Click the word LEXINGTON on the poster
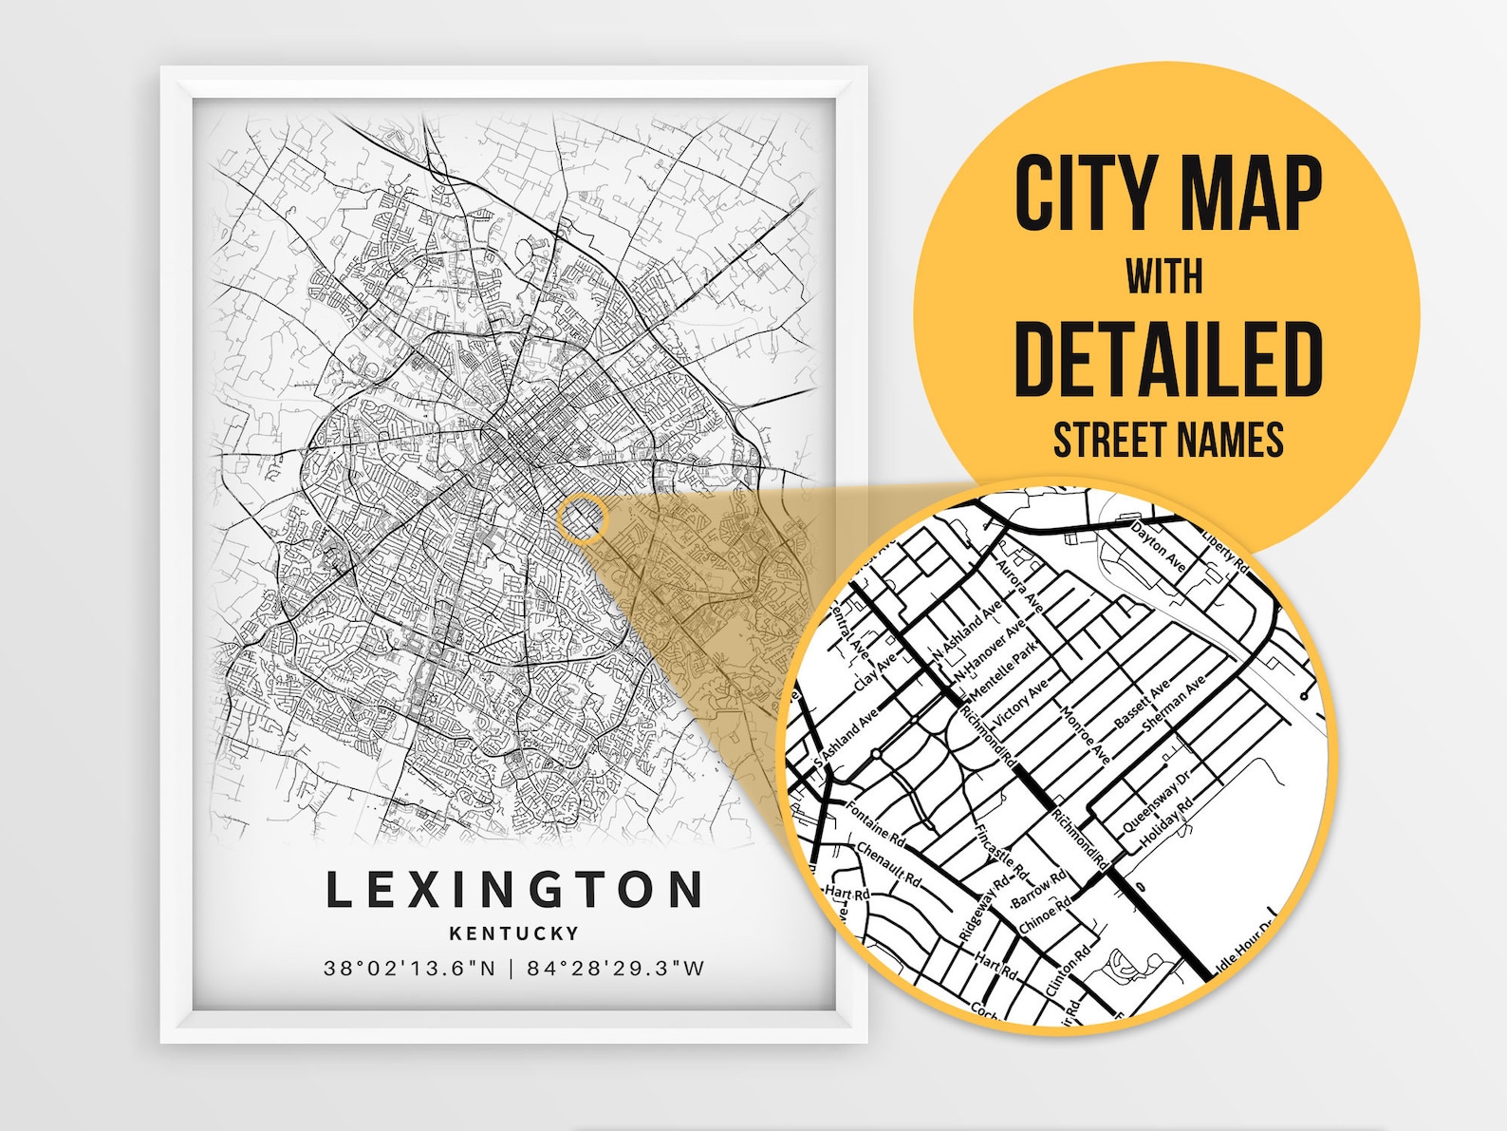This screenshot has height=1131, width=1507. coord(514,890)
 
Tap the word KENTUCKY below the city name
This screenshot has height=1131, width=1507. coord(514,933)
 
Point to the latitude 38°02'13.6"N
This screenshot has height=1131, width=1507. coord(410,969)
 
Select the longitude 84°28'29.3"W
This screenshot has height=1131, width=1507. coord(616,969)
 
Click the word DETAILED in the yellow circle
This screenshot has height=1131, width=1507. coord(1168,359)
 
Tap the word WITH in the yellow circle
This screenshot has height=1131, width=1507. coord(1164,276)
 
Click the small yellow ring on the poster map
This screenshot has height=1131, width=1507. coord(583,518)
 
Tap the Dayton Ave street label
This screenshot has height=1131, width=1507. coord(1159,546)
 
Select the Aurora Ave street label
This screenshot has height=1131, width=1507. coord(1019,584)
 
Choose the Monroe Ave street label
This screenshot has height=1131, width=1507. coord(1085,735)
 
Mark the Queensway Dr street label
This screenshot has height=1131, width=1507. coord(1156,801)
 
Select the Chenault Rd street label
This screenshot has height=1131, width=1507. coord(888,863)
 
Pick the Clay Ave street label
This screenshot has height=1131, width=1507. coord(875,672)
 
